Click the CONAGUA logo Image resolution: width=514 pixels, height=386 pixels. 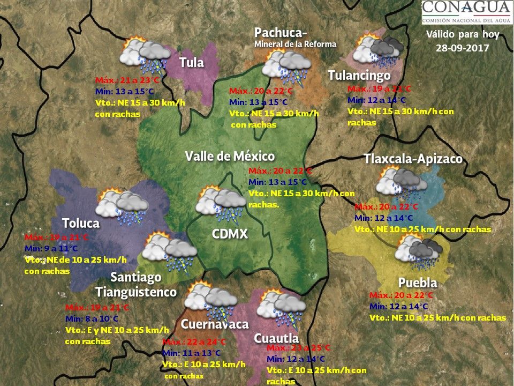(465, 12)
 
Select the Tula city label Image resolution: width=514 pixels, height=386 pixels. (191, 62)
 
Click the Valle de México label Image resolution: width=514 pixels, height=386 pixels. (230, 156)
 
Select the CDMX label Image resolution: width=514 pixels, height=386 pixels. (230, 234)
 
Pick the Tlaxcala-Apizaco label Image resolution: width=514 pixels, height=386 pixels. (413, 159)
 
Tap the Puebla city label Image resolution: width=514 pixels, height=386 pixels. (418, 283)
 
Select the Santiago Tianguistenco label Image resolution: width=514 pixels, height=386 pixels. (136, 285)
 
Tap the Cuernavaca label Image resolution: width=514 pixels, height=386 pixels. (214, 324)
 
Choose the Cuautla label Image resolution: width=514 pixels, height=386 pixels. (276, 338)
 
